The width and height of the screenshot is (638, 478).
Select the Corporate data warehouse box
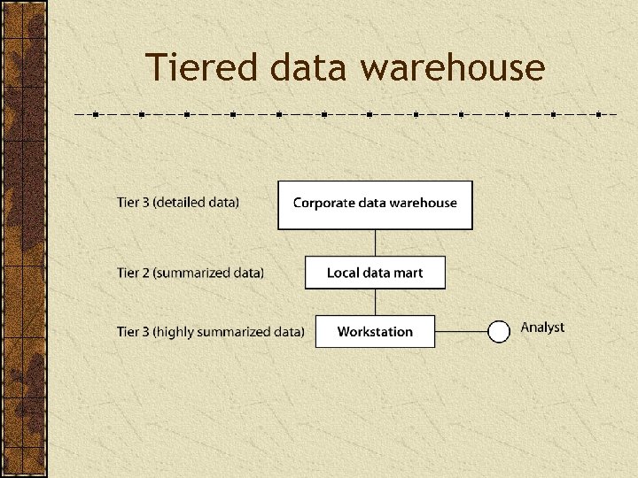coord(375,204)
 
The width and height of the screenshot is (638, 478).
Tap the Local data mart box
coord(375,273)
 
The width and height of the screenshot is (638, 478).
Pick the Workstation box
coord(375,332)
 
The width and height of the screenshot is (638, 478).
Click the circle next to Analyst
coord(500,332)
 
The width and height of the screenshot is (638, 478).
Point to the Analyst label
coord(542,328)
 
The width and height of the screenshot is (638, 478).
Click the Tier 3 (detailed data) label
coord(178,202)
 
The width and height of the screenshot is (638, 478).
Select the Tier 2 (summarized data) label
coord(191,273)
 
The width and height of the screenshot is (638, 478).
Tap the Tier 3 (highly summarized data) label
coord(211,332)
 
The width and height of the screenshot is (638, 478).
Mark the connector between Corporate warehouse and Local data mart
coord(375,243)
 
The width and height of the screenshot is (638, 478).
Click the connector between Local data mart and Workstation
coord(375,302)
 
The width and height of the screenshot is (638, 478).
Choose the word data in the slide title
coord(295,68)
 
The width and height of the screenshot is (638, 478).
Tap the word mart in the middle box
coord(408,273)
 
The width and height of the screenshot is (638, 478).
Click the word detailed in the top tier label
coord(183,202)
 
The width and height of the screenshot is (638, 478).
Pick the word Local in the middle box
coord(342,273)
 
